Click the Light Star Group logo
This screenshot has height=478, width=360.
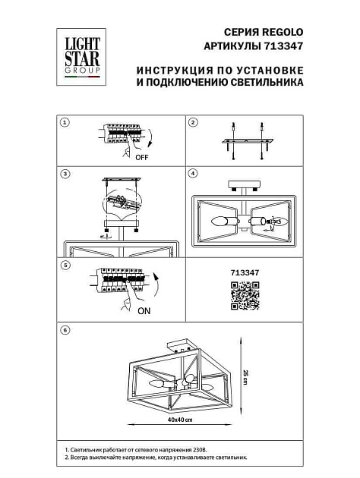81,53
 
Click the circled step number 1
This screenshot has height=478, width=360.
65,122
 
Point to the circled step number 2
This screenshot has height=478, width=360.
193,122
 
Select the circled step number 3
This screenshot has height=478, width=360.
65,174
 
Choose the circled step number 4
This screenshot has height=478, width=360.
193,174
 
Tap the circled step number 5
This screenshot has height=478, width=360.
65,266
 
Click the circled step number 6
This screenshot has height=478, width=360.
65,330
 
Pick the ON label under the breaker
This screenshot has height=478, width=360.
144,311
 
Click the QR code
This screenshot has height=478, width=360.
245,295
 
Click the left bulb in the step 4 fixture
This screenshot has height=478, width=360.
221,222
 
